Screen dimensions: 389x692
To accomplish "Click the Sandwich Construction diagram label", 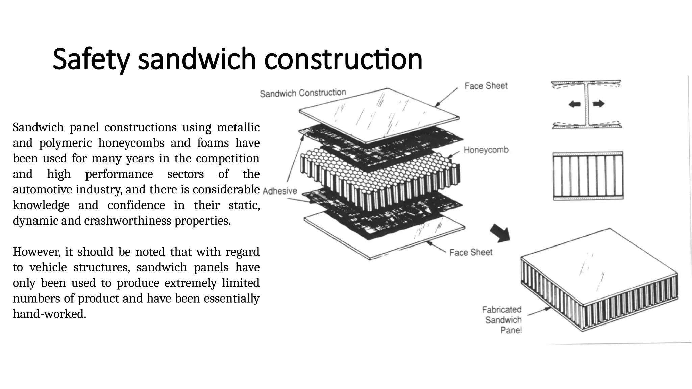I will (303, 93).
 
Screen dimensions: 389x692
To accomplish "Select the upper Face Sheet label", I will (486, 86).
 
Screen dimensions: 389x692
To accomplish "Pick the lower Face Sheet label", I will (471, 252).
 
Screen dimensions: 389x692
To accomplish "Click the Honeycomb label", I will (486, 150).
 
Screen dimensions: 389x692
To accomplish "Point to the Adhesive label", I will (279, 191).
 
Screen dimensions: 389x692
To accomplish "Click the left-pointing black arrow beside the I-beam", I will (574, 104).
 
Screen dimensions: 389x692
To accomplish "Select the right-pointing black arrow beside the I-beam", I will (598, 104).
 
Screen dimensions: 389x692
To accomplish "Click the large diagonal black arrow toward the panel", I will (500, 233).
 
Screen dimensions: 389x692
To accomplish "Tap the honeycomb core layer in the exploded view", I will (378, 179).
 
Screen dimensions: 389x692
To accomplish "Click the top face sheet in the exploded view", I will (378, 115).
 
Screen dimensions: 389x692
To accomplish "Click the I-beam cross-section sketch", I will (587, 104).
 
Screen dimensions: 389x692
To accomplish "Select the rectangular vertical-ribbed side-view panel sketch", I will (588, 176).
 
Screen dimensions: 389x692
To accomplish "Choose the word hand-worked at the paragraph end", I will (49, 314).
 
